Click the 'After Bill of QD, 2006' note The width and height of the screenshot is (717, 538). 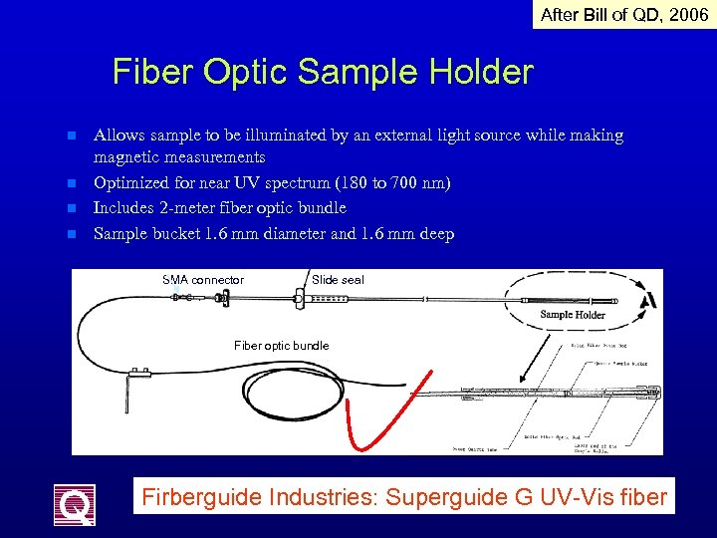tap(624, 14)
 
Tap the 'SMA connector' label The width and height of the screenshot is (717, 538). tap(203, 280)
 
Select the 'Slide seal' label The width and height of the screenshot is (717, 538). tap(338, 280)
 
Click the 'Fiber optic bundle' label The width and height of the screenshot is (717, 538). tap(281, 346)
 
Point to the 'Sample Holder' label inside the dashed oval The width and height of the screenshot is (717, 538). tap(572, 315)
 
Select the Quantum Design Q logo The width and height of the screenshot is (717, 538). tap(76, 504)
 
